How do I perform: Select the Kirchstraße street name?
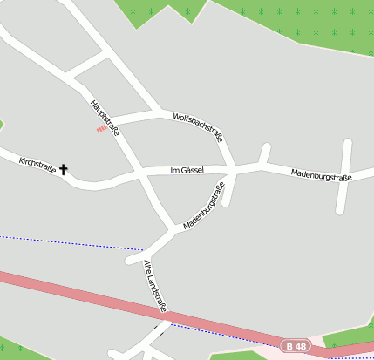coord(37,166)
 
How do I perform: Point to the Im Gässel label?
coord(187,170)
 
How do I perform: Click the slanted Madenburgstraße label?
coord(204,206)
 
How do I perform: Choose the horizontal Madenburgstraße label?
coord(321,177)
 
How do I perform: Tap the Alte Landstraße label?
coord(154,285)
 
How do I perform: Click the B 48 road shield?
coord(296,347)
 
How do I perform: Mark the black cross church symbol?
coord(63,169)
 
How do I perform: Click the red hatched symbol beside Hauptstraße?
coord(101,130)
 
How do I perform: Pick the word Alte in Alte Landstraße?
coord(148,268)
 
